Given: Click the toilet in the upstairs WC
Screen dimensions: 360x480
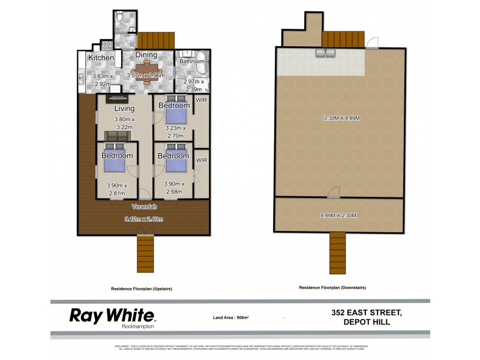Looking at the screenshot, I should pyautogui.click(x=120, y=18).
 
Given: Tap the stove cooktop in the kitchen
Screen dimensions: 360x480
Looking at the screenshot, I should pyautogui.click(x=107, y=46).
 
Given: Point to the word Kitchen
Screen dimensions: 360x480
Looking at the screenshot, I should pyautogui.click(x=101, y=58).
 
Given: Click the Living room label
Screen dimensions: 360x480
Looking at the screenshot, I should pyautogui.click(x=125, y=109).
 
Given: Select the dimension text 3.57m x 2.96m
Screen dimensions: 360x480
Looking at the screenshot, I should pyautogui.click(x=145, y=76).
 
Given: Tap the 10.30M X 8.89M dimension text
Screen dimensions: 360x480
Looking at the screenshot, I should pyautogui.click(x=340, y=118).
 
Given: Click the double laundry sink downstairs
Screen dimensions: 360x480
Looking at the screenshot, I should pyautogui.click(x=325, y=55).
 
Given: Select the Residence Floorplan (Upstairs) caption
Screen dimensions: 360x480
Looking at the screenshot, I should pyautogui.click(x=142, y=289).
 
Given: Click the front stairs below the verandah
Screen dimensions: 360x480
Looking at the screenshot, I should pyautogui.click(x=146, y=252).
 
